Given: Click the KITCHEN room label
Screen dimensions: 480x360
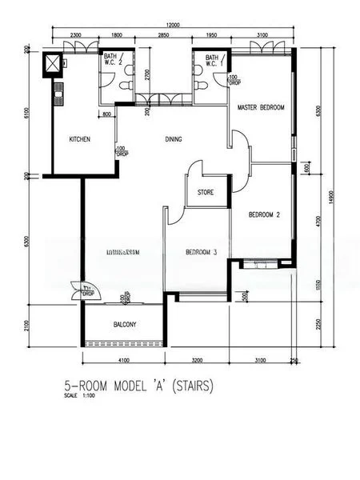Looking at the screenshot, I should coord(79,139).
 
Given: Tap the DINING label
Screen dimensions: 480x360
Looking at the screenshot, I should coord(174,139).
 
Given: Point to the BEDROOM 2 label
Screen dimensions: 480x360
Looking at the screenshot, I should coord(263,214).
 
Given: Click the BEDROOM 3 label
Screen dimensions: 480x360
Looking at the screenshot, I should coord(201,252).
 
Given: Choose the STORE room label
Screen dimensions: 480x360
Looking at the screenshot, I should coord(205,192).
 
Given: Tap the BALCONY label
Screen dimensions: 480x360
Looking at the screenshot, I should coord(124,324).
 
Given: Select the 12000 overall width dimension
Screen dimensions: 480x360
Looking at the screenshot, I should coord(174,26).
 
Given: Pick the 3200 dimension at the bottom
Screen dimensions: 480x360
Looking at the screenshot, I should coord(198,361).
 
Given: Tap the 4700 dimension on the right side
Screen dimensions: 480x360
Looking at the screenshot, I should coord(318,218).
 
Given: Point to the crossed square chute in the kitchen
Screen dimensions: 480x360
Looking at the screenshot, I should coord(54,63).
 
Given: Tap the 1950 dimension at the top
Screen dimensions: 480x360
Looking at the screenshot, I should coord(212,36).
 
